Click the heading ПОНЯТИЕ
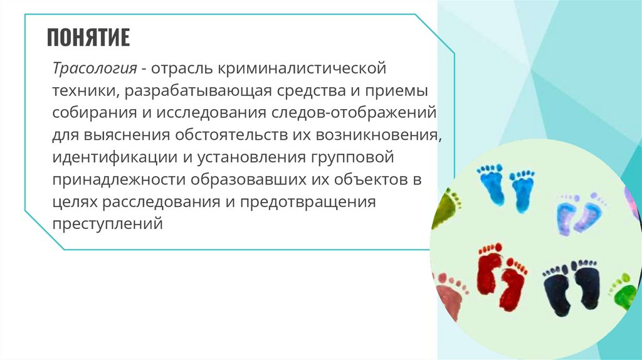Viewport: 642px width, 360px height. click(88, 38)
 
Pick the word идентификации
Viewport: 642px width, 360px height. click(107, 156)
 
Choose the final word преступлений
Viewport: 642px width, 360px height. click(107, 223)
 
